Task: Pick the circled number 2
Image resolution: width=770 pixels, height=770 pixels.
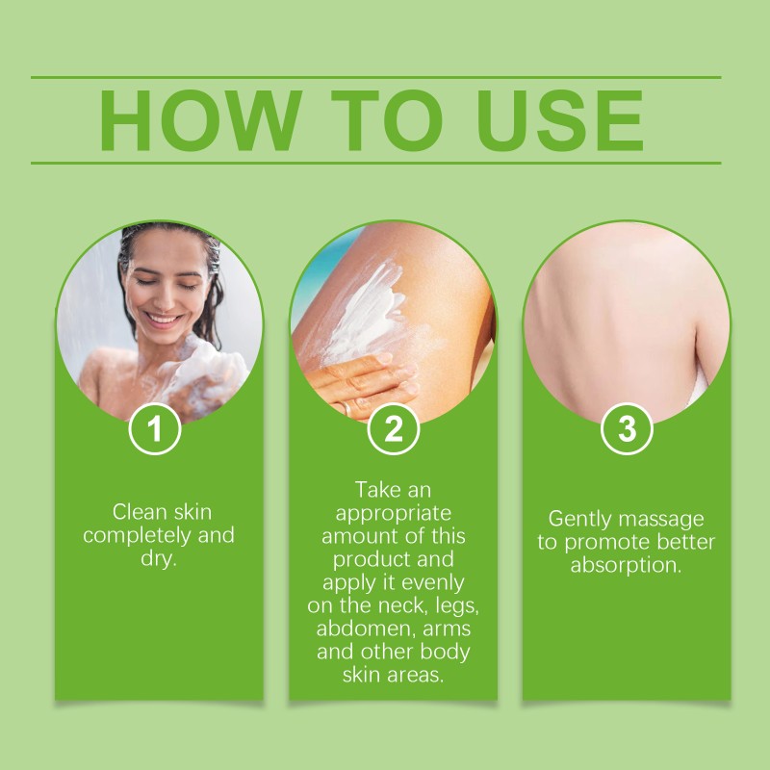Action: click(394, 429)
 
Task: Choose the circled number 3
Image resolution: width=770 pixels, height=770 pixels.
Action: click(627, 429)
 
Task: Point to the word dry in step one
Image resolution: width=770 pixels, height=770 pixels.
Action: click(157, 559)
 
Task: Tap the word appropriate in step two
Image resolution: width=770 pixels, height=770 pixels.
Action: click(392, 512)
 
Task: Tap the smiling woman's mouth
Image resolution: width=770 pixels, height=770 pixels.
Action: click(165, 318)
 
